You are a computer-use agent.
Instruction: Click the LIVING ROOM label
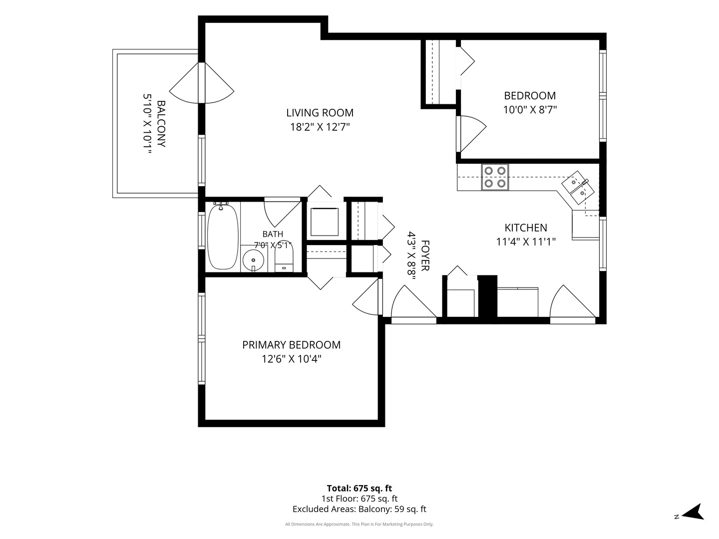point(320,113)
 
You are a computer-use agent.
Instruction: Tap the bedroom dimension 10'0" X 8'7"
point(530,109)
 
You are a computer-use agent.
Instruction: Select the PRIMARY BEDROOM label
point(291,344)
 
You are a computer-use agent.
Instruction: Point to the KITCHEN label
point(526,228)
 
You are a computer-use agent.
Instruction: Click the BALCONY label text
point(161,124)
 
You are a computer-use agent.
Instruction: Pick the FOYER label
point(425,255)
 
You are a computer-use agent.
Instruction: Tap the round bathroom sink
point(253,261)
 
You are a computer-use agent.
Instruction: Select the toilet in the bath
point(284,258)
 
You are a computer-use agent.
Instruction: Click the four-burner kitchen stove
point(495,177)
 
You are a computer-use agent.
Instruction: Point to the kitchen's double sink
point(578,187)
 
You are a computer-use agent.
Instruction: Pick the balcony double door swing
point(201,83)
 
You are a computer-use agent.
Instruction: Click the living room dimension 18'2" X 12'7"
point(320,127)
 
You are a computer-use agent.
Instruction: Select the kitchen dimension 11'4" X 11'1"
point(526,242)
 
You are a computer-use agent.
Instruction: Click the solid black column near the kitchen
point(487,296)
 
